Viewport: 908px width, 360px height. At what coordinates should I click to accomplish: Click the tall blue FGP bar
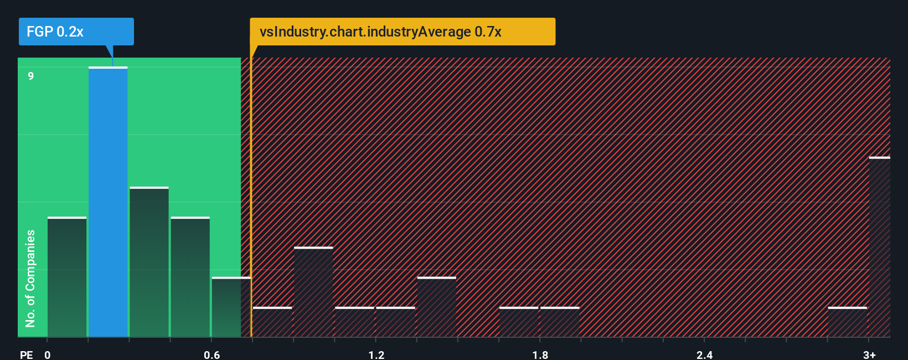coord(108,202)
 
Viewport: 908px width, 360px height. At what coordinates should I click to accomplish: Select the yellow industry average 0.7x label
coord(403,32)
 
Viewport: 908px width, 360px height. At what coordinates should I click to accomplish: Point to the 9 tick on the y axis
coord(31,76)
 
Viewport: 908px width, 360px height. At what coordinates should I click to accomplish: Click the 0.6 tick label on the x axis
coord(211,354)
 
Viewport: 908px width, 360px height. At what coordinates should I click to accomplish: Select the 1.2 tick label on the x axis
coord(376,354)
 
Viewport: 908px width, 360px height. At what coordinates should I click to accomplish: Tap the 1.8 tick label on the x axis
coord(540,354)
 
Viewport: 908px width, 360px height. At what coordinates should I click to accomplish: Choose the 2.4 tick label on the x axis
coord(704,354)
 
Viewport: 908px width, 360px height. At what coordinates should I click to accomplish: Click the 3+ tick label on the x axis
coord(869,354)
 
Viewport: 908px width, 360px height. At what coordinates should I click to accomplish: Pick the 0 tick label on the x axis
coord(48,354)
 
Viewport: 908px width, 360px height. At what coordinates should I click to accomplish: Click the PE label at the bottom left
coord(26,354)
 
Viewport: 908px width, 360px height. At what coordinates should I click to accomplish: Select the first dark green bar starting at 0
coord(67,277)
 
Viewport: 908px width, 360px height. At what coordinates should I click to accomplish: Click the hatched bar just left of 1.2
coord(354,322)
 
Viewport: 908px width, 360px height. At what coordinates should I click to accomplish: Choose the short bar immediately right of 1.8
coord(560,322)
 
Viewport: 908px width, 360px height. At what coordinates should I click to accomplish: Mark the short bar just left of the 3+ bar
coord(847,322)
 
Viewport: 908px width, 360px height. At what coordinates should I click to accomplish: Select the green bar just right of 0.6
coord(230,307)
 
